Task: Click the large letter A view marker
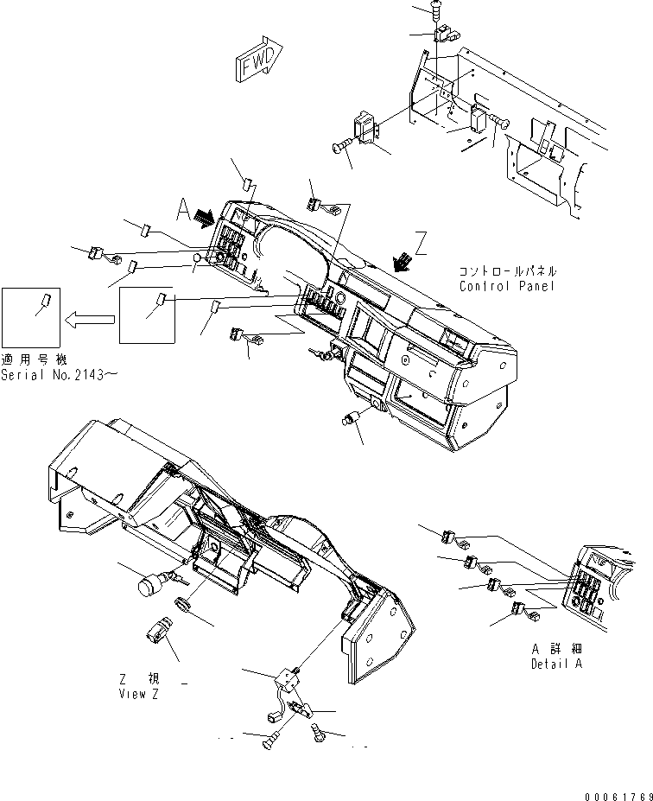[x=184, y=210]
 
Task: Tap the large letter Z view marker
[x=421, y=243]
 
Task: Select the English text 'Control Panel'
[x=506, y=286]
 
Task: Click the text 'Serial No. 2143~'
[x=60, y=375]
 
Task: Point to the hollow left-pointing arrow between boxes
[x=89, y=320]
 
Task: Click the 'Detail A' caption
[x=556, y=664]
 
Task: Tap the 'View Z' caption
[x=139, y=694]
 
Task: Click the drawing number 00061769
[x=618, y=797]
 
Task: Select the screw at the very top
[x=435, y=10]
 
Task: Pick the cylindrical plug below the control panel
[x=351, y=419]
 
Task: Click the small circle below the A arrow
[x=197, y=259]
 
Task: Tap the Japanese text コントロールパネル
[x=508, y=271]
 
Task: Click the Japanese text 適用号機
[x=34, y=359]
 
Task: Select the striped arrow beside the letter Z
[x=403, y=262]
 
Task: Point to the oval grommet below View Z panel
[x=182, y=604]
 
